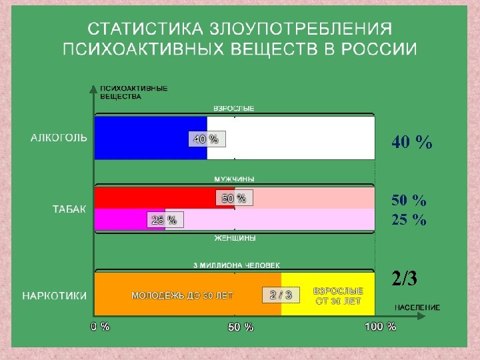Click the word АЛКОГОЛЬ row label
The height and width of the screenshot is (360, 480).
59,138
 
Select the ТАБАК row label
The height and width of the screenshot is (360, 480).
69,209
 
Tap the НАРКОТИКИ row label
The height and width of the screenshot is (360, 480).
55,295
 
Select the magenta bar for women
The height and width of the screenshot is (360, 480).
120,219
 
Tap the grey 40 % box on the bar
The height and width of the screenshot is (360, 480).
205,139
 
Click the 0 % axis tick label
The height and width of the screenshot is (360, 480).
100,327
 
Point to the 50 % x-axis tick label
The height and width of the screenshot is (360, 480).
241,327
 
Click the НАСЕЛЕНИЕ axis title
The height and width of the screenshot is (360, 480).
417,307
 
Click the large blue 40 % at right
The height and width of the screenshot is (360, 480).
411,141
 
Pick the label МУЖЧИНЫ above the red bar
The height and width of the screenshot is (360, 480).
234,179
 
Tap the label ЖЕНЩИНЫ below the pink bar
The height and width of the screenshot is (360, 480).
234,238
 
